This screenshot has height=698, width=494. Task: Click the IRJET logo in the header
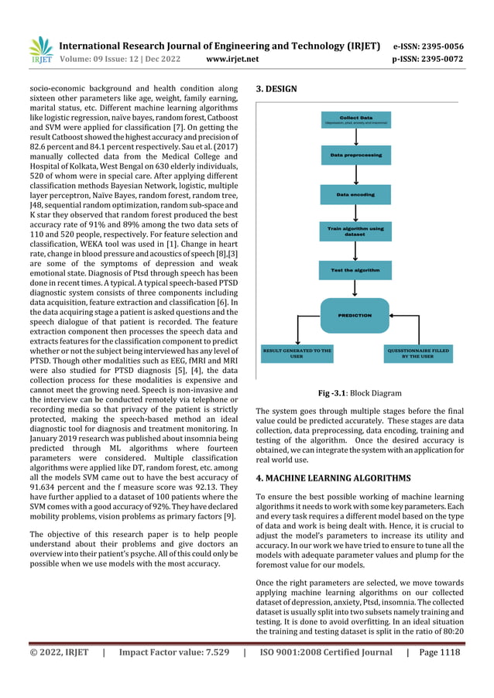(x=40, y=51)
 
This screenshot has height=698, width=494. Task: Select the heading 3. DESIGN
(x=276, y=89)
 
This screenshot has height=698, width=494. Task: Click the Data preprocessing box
(x=355, y=156)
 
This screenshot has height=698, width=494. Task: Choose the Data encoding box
(x=355, y=193)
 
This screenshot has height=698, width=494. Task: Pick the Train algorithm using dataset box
(x=355, y=231)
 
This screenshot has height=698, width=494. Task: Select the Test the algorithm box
(x=355, y=270)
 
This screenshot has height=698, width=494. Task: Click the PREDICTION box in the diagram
(x=355, y=315)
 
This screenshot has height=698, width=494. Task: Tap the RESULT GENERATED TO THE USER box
(x=297, y=354)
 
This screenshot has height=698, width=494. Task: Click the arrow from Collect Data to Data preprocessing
(x=355, y=137)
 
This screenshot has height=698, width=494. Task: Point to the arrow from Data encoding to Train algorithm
(x=355, y=212)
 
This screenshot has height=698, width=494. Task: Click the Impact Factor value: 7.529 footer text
(x=172, y=652)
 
